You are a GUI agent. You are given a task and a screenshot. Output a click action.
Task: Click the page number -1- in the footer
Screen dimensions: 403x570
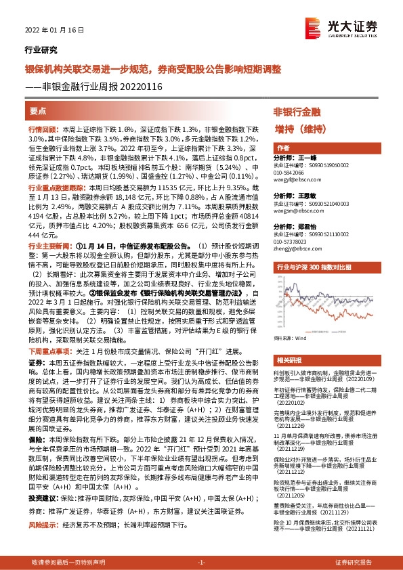point(201,563)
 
